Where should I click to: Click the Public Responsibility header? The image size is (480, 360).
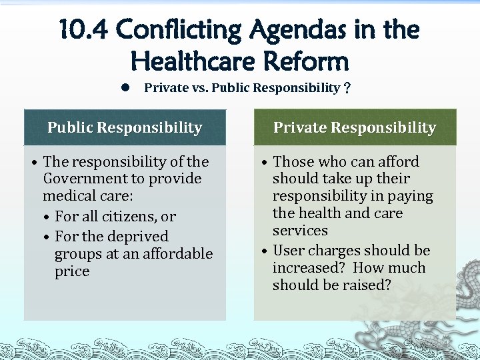125,127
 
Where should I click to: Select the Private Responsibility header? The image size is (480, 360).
355,127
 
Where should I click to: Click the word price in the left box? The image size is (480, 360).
72,271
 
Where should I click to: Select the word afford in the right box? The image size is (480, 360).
397,162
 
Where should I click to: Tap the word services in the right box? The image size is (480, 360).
300,231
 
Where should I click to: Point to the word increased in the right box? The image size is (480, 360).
308,268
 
